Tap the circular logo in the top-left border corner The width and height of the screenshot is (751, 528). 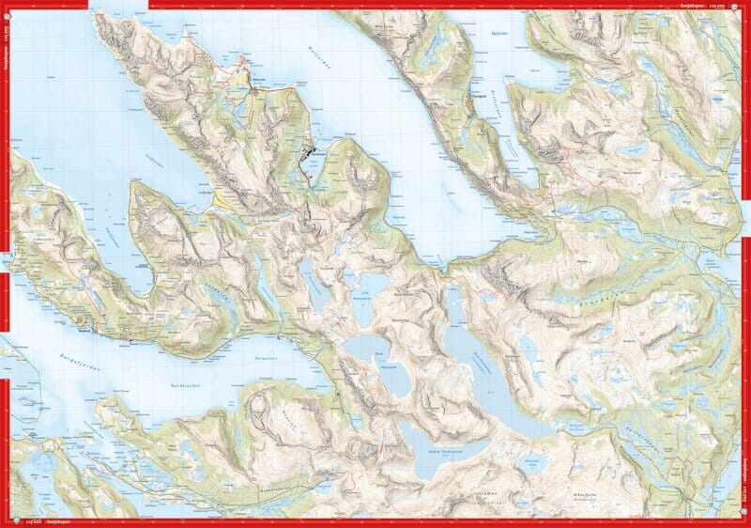(x=8, y=7)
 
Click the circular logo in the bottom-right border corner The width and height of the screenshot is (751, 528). (x=744, y=521)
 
